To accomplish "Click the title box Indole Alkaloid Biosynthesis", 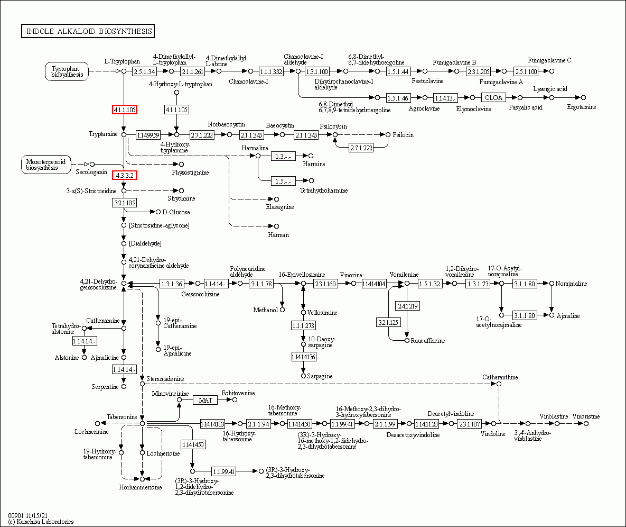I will point(88,31).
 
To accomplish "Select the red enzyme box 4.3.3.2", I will point(124,175).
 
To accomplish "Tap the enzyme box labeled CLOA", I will point(493,97).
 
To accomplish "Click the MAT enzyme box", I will point(205,400).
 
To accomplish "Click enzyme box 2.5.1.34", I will point(145,71).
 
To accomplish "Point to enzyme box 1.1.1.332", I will point(271,71).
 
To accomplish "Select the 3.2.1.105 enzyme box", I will point(124,203).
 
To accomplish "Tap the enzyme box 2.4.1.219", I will point(407,306).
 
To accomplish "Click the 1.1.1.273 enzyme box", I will point(303,325).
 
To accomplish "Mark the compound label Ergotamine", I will point(581,107).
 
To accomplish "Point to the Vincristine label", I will point(586,416).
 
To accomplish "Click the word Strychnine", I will point(181,198).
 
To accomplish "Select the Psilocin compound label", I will point(403,135).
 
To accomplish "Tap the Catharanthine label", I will point(500,377).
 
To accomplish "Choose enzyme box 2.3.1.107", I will point(469,424).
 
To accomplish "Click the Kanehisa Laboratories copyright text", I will point(41,522).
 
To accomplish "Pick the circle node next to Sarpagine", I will point(303,376).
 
